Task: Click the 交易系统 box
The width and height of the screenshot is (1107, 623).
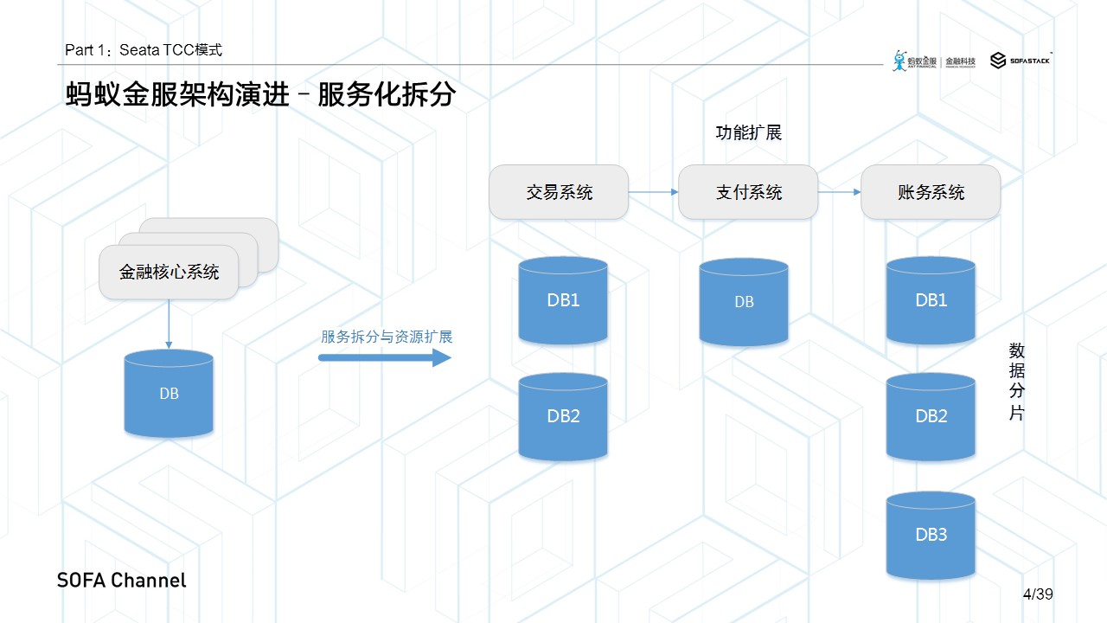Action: [559, 192]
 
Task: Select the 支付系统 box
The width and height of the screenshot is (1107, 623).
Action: [748, 192]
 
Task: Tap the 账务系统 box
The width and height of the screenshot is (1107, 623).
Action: [931, 192]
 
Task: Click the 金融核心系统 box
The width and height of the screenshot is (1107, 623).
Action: [169, 273]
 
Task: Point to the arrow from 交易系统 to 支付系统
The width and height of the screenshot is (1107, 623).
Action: [653, 192]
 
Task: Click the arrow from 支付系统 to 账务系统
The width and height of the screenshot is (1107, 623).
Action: [839, 192]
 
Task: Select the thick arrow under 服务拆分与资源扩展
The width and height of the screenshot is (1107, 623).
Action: [385, 356]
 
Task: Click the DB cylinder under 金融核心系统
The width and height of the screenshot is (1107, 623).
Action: [169, 394]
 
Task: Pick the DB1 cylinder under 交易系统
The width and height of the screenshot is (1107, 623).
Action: [563, 300]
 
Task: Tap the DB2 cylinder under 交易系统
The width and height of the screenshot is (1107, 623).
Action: [563, 416]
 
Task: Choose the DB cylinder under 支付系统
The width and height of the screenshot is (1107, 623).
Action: [744, 302]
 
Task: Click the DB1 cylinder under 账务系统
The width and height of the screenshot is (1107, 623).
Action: [931, 300]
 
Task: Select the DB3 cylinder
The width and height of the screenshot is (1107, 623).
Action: [931, 535]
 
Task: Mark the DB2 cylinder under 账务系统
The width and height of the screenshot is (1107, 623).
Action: [931, 416]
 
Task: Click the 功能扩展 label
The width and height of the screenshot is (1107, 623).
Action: [749, 133]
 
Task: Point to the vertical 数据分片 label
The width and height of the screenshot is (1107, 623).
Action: [1017, 382]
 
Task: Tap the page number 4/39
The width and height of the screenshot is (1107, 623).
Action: [1037, 594]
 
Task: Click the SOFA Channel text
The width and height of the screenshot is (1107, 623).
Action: [122, 581]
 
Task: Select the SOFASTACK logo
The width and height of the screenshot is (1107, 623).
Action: [1021, 61]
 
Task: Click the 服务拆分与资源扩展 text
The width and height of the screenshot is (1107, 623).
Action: [387, 337]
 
